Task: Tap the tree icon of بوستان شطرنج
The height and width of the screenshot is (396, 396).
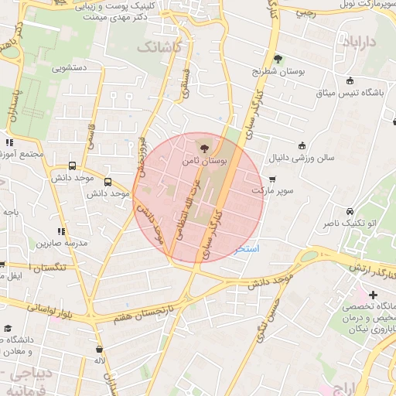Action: (278, 58)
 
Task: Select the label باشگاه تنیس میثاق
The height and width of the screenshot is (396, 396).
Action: (347, 93)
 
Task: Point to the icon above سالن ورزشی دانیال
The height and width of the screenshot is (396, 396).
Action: (302, 145)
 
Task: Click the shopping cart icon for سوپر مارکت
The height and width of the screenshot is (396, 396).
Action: (271, 179)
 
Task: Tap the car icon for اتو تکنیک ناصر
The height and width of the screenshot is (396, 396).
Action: (350, 211)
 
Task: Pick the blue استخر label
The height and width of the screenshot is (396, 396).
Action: (247, 249)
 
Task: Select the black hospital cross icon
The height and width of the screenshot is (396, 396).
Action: (373, 295)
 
